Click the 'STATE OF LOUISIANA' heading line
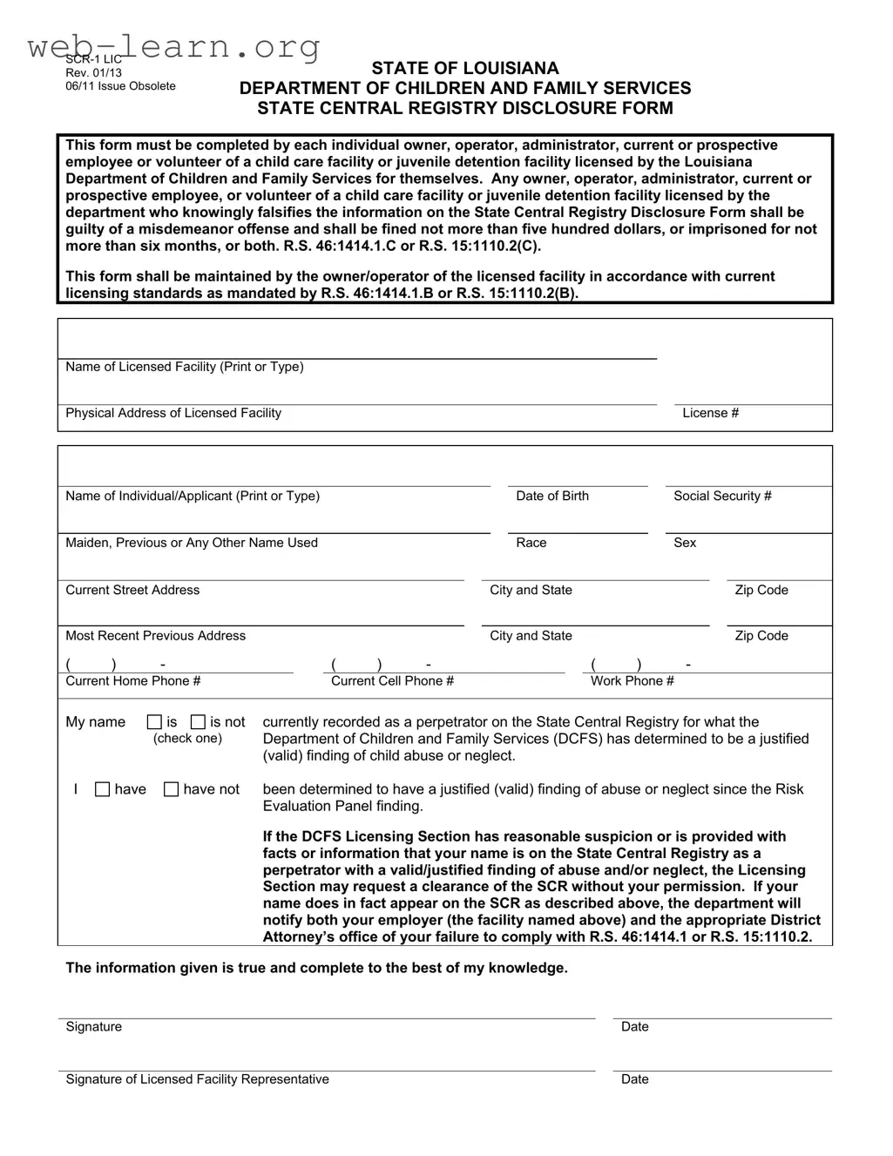[x=465, y=68]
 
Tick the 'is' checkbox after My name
[x=154, y=722]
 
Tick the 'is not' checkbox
[x=198, y=722]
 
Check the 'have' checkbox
[x=102, y=789]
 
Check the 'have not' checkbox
[x=172, y=789]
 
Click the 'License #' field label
[x=710, y=413]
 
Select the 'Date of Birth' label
[x=552, y=496]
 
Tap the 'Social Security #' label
[x=722, y=496]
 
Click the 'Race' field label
[x=531, y=543]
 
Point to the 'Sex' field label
[x=685, y=543]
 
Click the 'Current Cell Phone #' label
[x=392, y=681]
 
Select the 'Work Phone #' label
[x=633, y=681]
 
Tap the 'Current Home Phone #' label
[x=133, y=681]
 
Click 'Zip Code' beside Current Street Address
[x=761, y=590]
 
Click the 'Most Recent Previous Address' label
[x=156, y=636]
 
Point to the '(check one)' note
[x=187, y=739]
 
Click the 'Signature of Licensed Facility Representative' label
[x=198, y=1079]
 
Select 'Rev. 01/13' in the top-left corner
[x=94, y=72]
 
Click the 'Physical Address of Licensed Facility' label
[x=173, y=413]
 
